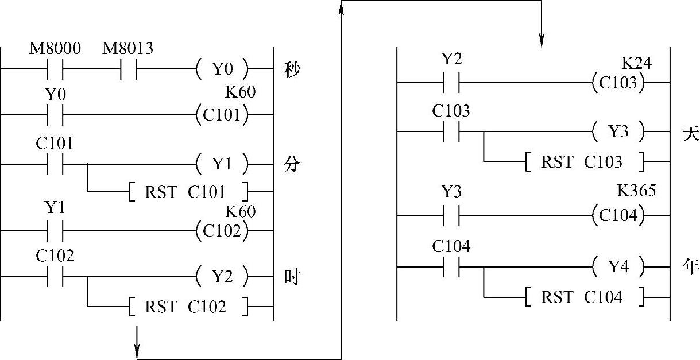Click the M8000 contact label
(x=55, y=49)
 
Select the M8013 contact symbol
(x=128, y=69)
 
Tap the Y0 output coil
(x=223, y=69)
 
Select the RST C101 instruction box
(x=187, y=191)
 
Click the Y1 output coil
(x=223, y=165)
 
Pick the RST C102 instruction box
(x=187, y=307)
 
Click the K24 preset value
(x=636, y=63)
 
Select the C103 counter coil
(x=618, y=83)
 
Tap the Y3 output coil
(x=618, y=132)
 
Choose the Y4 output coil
(x=618, y=266)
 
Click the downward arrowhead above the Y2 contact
(x=541, y=41)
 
